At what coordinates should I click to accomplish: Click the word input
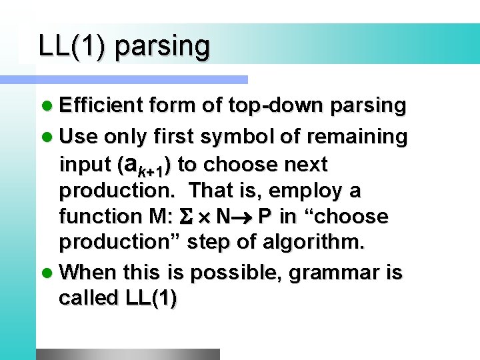tap(85, 164)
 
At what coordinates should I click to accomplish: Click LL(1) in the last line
tap(150, 299)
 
